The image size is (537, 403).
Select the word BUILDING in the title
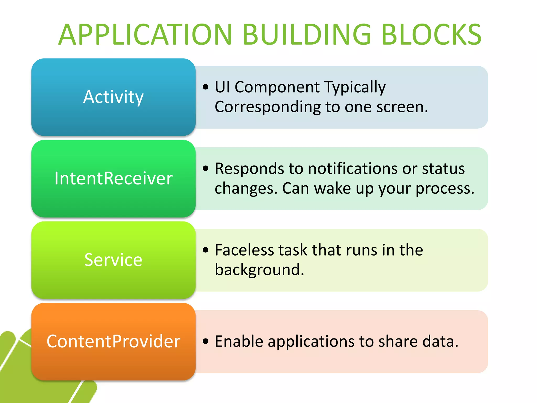[307, 35]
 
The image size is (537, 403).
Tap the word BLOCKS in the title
[431, 35]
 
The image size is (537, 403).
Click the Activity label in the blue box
[113, 97]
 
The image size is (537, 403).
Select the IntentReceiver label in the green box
[113, 178]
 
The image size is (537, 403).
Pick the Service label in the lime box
[113, 260]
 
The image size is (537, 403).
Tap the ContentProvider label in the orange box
[113, 341]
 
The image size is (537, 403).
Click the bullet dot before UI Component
[206, 87]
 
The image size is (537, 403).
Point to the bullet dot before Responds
[206, 168]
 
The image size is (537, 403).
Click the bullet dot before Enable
[206, 341]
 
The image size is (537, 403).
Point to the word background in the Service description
[259, 270]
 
